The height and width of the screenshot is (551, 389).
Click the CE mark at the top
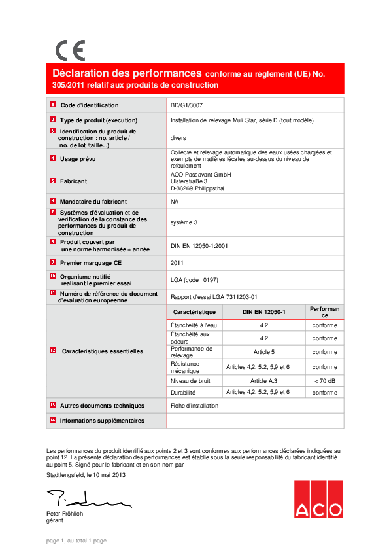[70, 50]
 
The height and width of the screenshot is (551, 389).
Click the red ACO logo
[318, 499]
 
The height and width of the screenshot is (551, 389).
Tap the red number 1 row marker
[52, 105]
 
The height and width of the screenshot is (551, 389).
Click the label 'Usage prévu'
[78, 158]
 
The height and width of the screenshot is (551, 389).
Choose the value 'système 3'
[184, 222]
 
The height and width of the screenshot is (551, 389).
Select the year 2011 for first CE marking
[177, 262]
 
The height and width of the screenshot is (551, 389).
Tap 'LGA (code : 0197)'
[194, 279]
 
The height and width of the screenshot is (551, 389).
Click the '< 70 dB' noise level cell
[324, 380]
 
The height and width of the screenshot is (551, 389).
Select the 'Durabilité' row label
[183, 393]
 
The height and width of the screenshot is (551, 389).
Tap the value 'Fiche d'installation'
[195, 406]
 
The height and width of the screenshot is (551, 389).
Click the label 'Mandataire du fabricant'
[93, 202]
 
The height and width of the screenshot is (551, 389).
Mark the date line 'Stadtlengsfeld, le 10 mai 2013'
[86, 475]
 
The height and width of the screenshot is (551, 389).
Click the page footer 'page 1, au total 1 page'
[76, 541]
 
